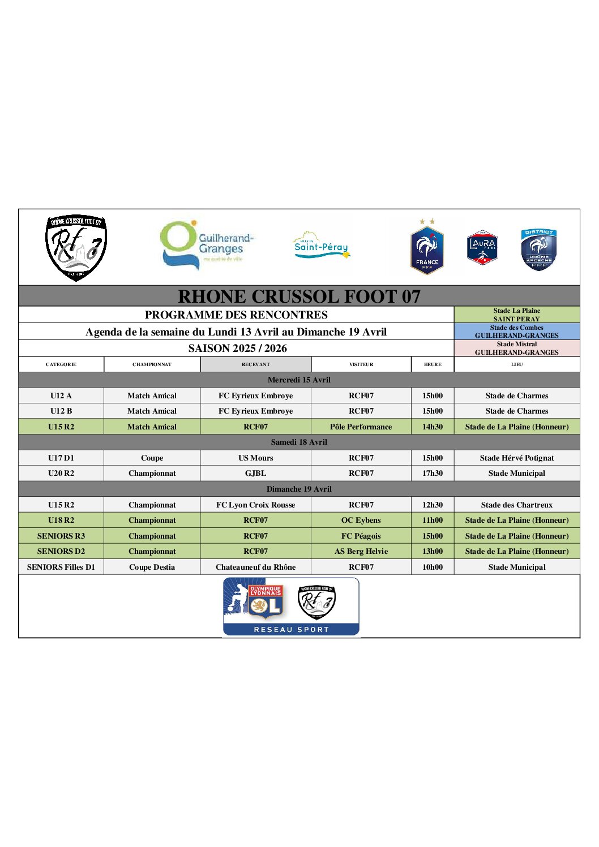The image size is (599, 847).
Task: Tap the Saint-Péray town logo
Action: click(x=321, y=246)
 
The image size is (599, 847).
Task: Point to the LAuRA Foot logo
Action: click(x=482, y=248)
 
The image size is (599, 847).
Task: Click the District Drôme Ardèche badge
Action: click(x=538, y=250)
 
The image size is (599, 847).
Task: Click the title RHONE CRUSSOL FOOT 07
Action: click(x=299, y=296)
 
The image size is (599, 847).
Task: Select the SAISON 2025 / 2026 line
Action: click(x=237, y=348)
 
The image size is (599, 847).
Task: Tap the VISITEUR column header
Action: click(x=361, y=364)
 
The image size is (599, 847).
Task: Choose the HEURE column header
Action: click(x=433, y=364)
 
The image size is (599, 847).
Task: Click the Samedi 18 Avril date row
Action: click(x=299, y=442)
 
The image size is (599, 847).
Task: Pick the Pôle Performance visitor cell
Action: click(x=361, y=427)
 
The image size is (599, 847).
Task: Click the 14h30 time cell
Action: click(x=433, y=427)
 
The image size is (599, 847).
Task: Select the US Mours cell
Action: click(x=255, y=458)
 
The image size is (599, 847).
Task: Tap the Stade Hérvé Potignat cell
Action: click(x=517, y=458)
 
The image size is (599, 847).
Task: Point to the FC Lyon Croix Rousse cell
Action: click(x=255, y=505)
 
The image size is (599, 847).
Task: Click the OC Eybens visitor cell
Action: click(x=361, y=520)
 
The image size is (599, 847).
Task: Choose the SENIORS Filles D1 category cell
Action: click(x=61, y=567)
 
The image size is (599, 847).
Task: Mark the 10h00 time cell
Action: click(x=433, y=567)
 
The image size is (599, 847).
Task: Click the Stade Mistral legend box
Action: click(x=517, y=348)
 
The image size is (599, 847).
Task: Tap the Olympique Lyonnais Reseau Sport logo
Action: click(x=291, y=607)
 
